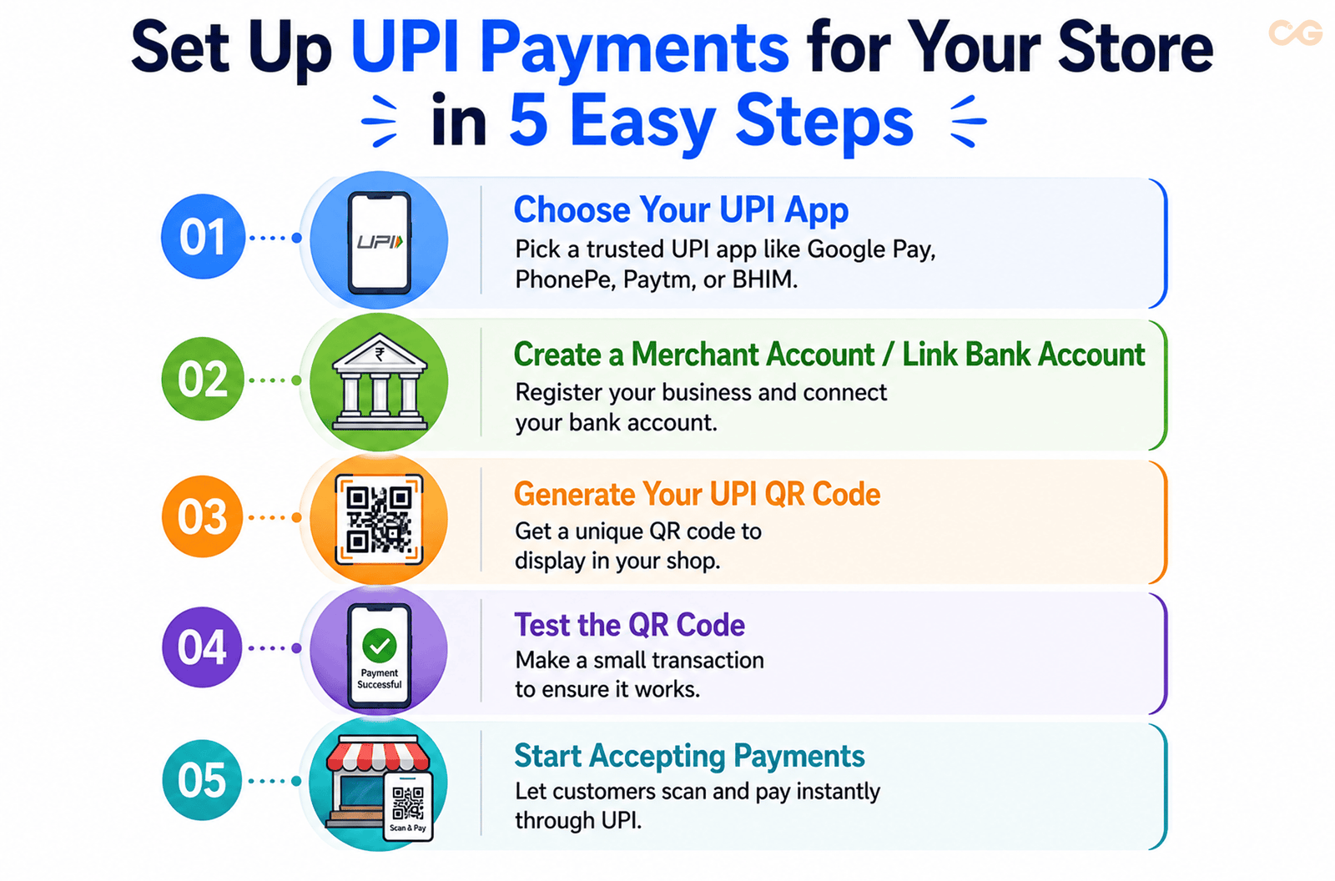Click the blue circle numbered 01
click(x=204, y=237)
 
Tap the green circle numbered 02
click(x=204, y=379)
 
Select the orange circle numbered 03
click(x=203, y=516)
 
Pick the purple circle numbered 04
click(x=203, y=647)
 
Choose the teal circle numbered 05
click(x=203, y=780)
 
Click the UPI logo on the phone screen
click(x=380, y=242)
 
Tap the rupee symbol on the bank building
click(x=380, y=355)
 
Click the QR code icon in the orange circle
click(x=379, y=519)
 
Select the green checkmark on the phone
click(x=380, y=646)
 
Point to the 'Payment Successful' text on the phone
click(x=380, y=678)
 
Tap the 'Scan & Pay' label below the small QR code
click(x=408, y=828)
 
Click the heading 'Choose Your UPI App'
click(x=681, y=210)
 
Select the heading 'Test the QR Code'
click(x=630, y=625)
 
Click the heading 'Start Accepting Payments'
click(x=689, y=757)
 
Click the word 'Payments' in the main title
click(x=635, y=48)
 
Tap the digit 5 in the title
click(x=529, y=120)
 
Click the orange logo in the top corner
click(x=1295, y=33)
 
